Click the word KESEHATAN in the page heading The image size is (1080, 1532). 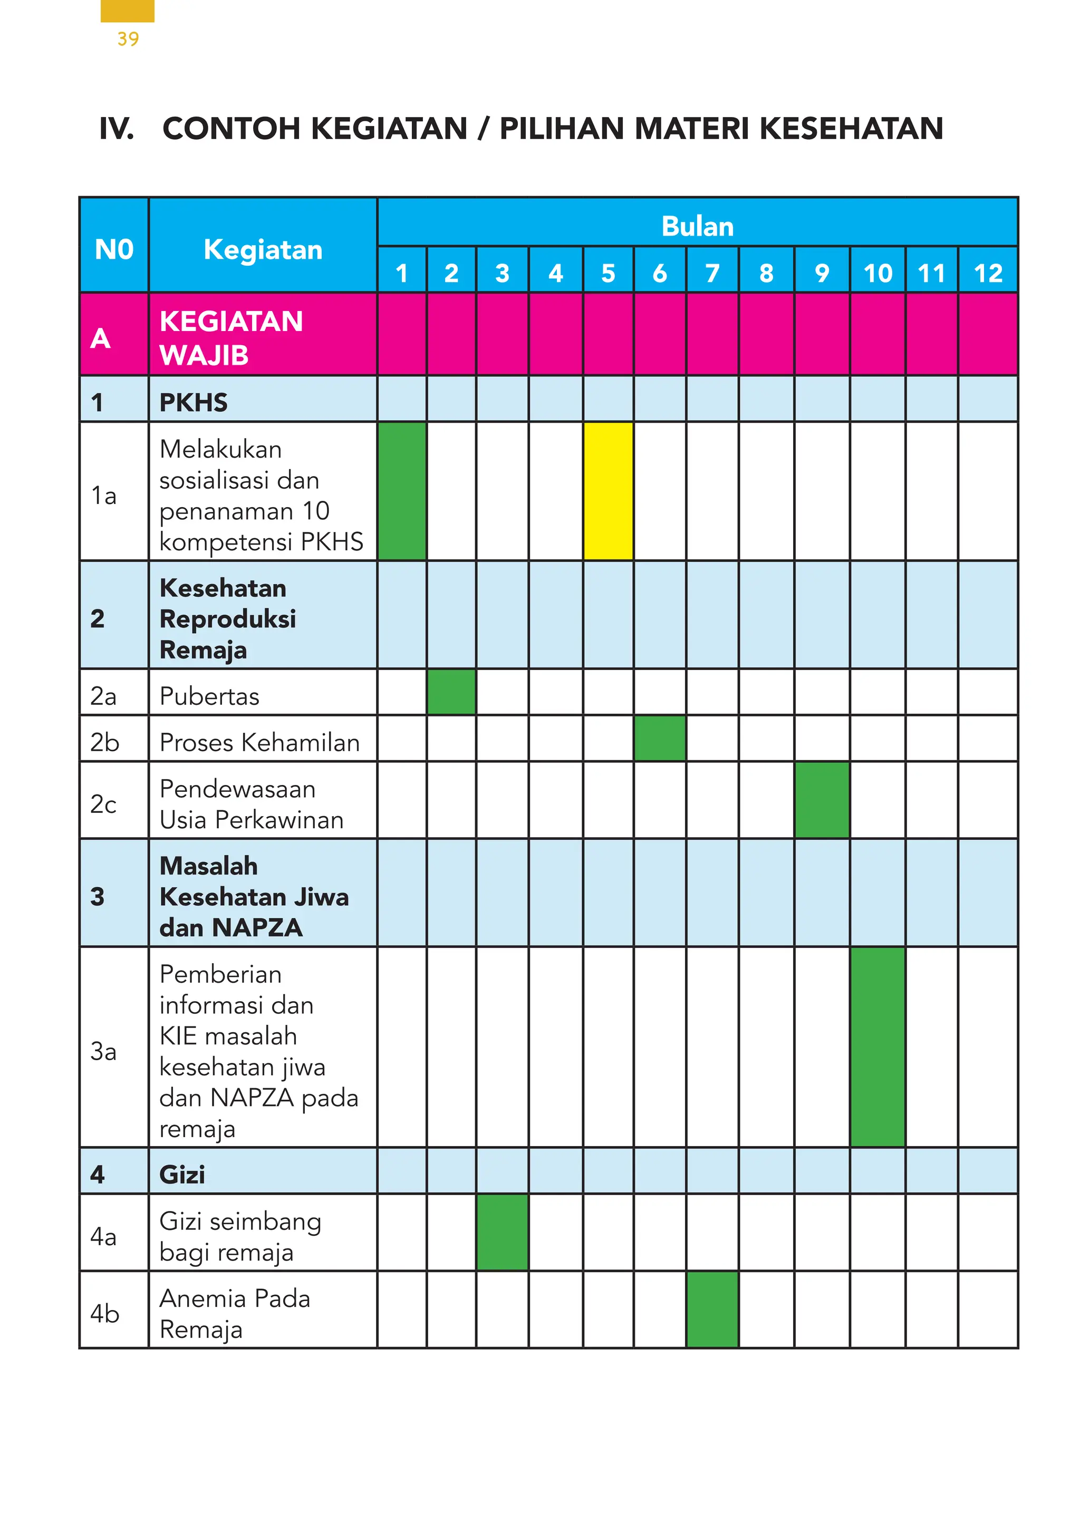click(x=851, y=128)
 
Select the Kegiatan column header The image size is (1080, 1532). click(x=263, y=249)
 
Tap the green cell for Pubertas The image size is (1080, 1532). click(x=451, y=692)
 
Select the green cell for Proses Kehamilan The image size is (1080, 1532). click(x=660, y=738)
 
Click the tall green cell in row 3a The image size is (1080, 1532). click(x=877, y=1046)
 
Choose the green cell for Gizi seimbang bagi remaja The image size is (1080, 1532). click(x=502, y=1232)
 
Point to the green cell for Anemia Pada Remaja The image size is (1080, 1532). click(x=712, y=1309)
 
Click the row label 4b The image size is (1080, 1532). click(x=105, y=1313)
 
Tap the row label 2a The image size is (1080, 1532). click(x=103, y=696)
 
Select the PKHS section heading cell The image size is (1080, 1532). click(x=194, y=402)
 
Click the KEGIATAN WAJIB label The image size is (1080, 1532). click(x=231, y=337)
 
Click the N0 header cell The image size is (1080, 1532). click(x=114, y=249)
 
